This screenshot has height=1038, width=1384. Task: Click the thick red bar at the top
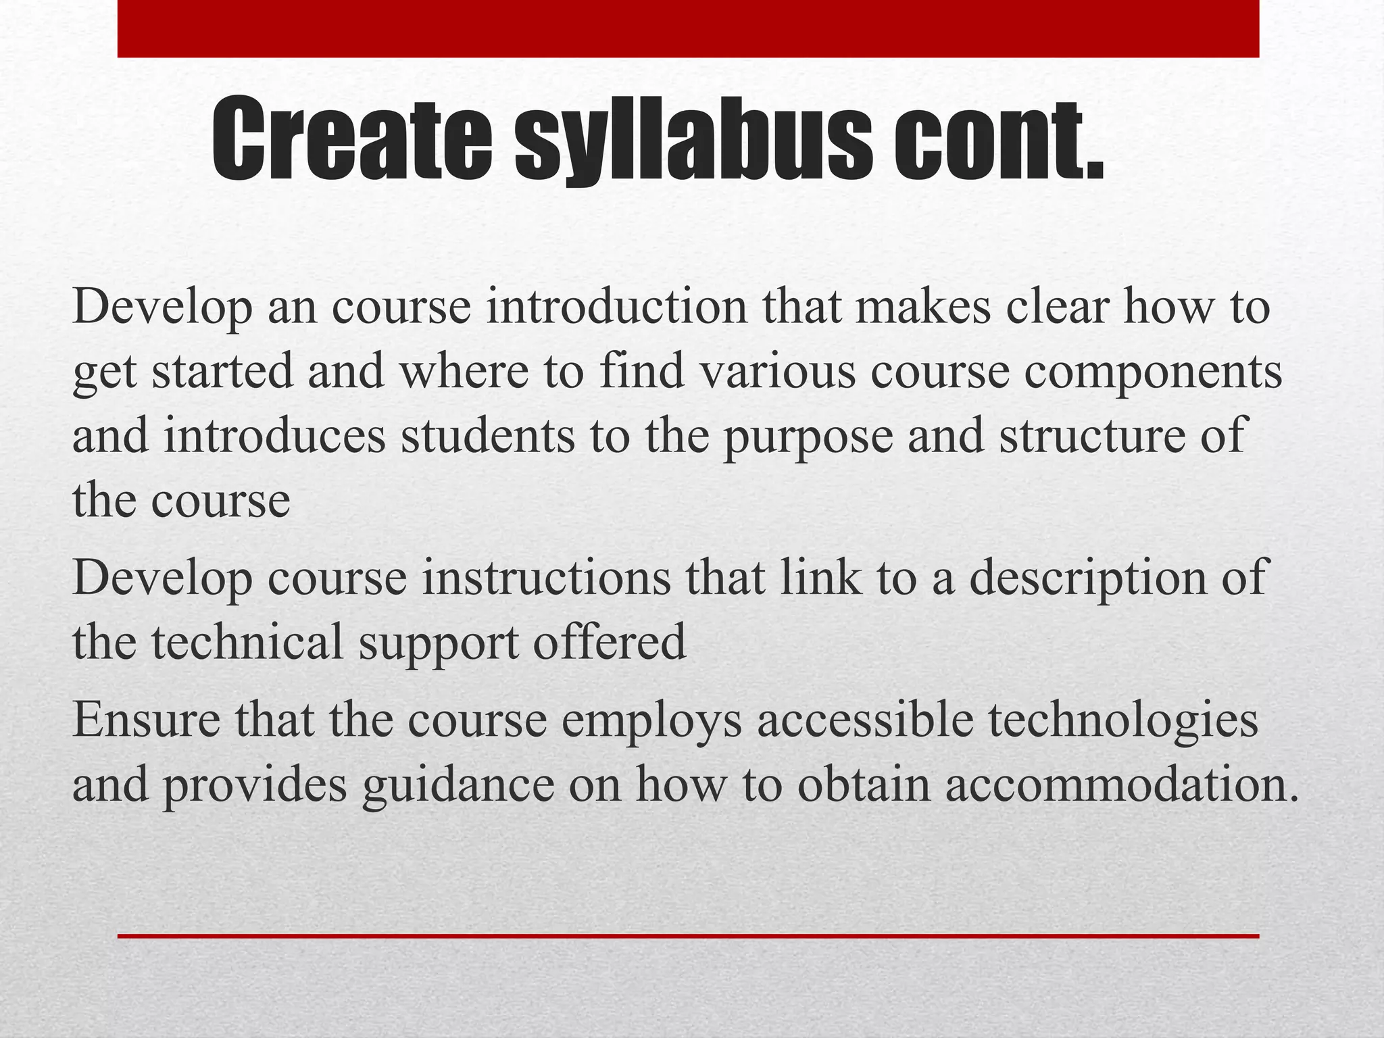pos(688,28)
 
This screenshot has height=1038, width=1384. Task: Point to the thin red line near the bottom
pos(688,936)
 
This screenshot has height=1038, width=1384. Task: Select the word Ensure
pos(146,720)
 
